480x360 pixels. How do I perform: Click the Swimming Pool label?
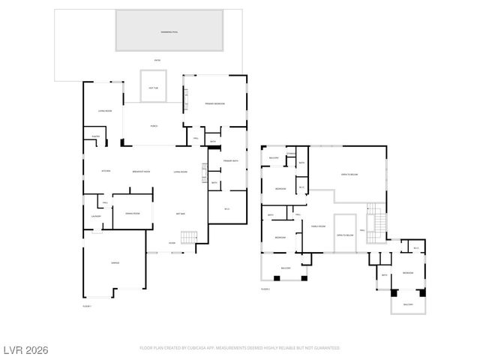169,32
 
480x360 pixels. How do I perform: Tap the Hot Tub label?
153,87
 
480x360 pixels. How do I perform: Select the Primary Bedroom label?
214,103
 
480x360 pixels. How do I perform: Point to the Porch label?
153,126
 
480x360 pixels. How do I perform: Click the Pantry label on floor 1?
96,136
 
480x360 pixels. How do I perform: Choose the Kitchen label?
106,172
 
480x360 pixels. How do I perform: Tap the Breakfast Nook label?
142,172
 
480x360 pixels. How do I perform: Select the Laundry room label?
96,217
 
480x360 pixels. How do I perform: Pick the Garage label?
115,262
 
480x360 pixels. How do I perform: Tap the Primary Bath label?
230,160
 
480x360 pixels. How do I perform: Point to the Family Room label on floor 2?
318,226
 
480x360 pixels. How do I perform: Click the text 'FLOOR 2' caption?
265,289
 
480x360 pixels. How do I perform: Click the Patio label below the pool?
157,60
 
